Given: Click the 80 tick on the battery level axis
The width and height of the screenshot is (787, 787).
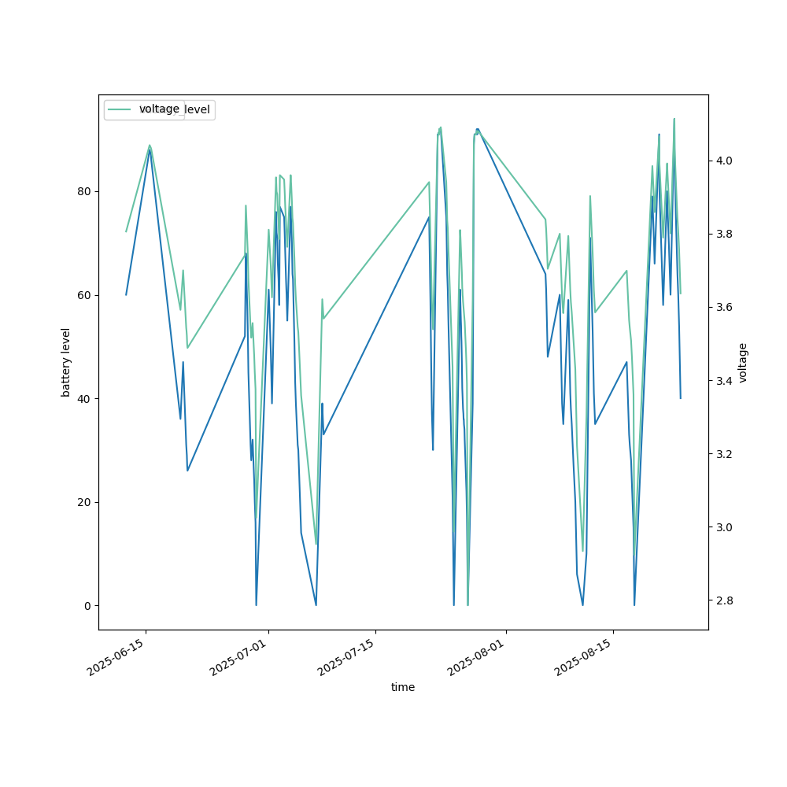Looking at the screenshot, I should [84, 191].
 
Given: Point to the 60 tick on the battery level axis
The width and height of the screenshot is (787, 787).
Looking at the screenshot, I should [84, 295].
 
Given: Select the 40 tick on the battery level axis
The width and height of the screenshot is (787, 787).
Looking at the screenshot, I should [84, 399].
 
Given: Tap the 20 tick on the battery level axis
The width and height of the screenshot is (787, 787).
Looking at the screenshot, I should [84, 502].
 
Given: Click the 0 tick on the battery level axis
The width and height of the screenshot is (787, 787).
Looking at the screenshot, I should [87, 606].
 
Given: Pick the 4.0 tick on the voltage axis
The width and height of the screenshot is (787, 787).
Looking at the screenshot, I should [723, 161].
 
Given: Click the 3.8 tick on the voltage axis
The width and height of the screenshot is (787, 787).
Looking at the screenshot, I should [723, 234].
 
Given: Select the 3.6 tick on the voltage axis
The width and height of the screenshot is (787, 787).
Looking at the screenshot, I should [723, 307].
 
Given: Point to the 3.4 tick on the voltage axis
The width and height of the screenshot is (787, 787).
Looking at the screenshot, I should [723, 380].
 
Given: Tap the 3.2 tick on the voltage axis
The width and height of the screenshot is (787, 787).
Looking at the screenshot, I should [723, 454].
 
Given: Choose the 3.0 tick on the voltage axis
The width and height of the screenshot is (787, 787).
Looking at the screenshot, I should [723, 527].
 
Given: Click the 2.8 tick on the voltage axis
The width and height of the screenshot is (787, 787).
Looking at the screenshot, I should [723, 600].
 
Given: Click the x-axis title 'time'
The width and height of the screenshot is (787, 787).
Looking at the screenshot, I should [403, 687].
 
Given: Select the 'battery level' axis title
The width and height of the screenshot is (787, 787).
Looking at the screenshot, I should [66, 362].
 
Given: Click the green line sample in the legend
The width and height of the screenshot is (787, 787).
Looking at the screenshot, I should [120, 109].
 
